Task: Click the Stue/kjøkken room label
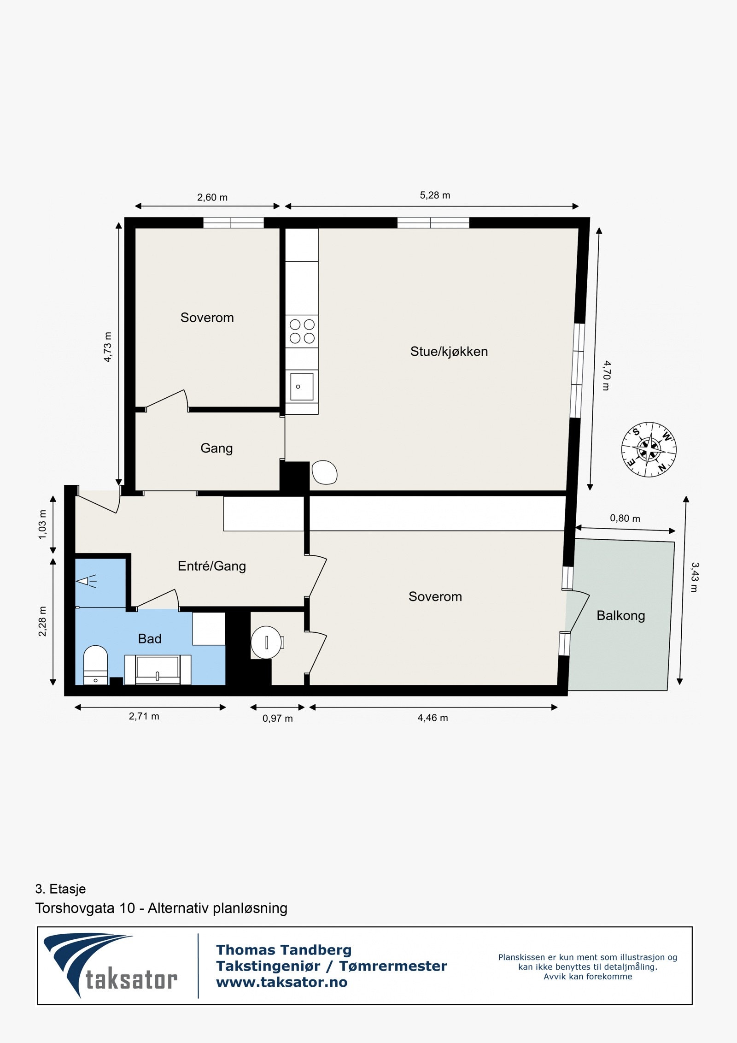point(449,352)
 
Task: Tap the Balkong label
point(620,615)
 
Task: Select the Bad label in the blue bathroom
point(150,638)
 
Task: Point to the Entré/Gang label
point(212,566)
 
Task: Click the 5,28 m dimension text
point(435,195)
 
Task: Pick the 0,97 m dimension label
point(277,718)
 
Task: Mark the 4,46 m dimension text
point(433,718)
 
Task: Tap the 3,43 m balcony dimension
point(694,577)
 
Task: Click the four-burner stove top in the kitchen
point(302,331)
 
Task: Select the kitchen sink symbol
point(302,386)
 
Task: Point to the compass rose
point(649,449)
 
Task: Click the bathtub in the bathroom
point(158,670)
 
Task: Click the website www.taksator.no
point(281,982)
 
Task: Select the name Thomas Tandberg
point(284,950)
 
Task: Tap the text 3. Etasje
point(60,889)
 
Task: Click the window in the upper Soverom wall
point(233,223)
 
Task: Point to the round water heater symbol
point(266,642)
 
